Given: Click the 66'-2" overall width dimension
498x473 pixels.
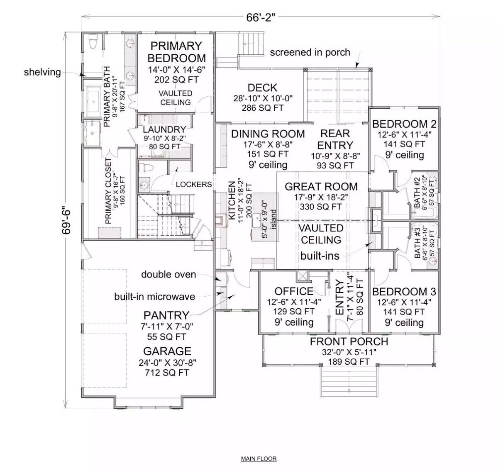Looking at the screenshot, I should pos(260,18).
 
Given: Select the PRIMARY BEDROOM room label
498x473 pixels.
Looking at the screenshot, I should pos(176,52).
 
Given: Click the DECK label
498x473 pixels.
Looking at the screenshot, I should pos(262,88).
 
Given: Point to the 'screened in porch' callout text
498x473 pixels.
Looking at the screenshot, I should pos(310,53).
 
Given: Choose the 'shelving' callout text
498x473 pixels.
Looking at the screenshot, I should pos(42,72).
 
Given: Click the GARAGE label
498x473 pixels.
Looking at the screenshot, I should pos(167,351).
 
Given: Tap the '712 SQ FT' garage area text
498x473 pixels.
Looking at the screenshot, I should pos(168,373).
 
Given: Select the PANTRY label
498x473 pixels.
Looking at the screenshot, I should pos(166,315).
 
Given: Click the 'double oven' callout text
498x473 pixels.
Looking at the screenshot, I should pos(168,274).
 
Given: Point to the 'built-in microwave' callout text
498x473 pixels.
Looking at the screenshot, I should pos(154,296).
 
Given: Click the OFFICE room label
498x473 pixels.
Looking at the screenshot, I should pos(294,291).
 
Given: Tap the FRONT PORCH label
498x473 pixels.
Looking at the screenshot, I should pos(349,341).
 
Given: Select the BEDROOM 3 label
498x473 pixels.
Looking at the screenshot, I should pos(404,292).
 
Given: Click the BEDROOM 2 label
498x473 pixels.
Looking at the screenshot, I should pos(404,124).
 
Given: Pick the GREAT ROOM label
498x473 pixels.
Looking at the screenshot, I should pos(321,186).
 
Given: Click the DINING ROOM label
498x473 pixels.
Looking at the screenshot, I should pos(268,134).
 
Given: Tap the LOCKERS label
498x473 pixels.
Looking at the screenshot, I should pos(193,184).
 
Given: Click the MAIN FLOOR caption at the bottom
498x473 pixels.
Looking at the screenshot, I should pos(259,458).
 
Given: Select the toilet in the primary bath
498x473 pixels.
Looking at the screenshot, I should pos(93,42).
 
